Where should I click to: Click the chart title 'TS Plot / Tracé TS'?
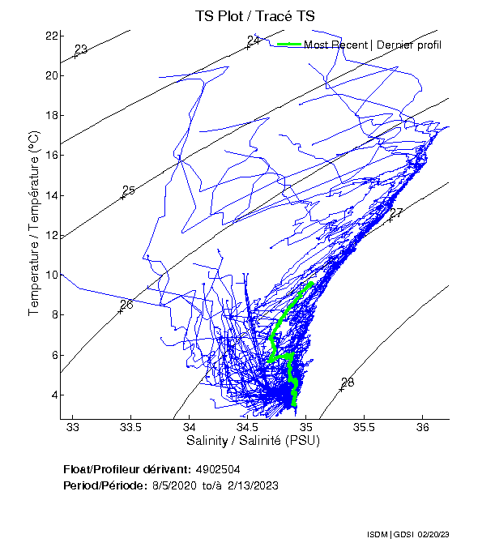click(255, 15)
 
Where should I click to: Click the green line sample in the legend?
click(289, 44)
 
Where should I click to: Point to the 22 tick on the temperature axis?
click(51, 36)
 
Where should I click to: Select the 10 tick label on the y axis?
click(51, 276)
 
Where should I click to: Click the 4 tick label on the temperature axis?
click(53, 395)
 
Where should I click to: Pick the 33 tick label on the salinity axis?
click(74, 427)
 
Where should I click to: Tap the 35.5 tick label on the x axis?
click(365, 427)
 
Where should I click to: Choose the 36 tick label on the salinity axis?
click(422, 427)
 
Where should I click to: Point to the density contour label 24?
click(254, 41)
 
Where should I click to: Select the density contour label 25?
click(128, 190)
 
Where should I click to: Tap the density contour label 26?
click(126, 306)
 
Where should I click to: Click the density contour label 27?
click(396, 214)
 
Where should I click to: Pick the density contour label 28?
click(348, 382)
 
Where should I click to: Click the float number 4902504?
click(218, 469)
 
